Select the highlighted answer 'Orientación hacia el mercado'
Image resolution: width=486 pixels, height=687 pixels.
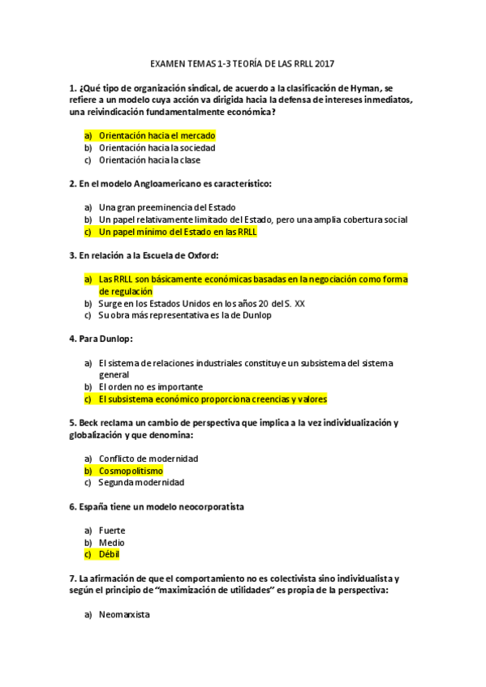click(x=157, y=136)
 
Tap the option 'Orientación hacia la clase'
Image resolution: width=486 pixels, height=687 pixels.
click(x=149, y=160)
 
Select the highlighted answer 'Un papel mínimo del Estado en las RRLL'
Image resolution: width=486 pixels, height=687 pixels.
click(x=178, y=232)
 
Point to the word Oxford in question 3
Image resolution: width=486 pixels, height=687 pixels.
click(x=200, y=255)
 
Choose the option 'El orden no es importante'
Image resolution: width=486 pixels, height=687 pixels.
click(x=150, y=387)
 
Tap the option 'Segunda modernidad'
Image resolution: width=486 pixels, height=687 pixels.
click(x=142, y=483)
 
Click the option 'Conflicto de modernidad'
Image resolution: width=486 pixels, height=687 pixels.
click(x=148, y=459)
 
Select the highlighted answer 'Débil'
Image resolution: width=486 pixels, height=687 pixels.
click(x=110, y=555)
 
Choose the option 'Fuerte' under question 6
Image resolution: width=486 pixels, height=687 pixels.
click(x=111, y=531)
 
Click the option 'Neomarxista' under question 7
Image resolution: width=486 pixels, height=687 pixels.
click(x=123, y=615)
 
